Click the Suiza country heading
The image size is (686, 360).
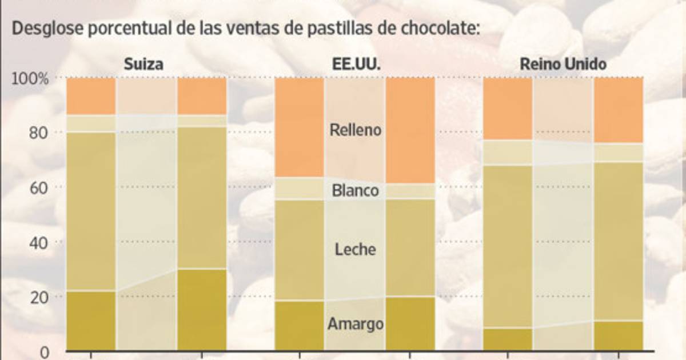click(144, 64)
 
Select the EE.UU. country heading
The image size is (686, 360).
click(356, 64)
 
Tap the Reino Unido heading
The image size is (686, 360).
click(563, 64)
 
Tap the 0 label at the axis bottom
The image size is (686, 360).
click(44, 351)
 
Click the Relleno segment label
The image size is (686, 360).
click(355, 130)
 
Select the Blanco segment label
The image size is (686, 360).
click(355, 190)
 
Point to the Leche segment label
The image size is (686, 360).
click(355, 249)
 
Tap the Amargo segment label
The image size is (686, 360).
click(355, 324)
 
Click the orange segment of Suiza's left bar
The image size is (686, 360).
click(91, 96)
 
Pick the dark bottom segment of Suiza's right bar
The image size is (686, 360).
click(202, 309)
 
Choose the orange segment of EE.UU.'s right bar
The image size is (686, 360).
click(410, 130)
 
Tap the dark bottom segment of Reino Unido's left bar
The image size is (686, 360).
click(508, 339)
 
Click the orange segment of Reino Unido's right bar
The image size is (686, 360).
click(619, 110)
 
